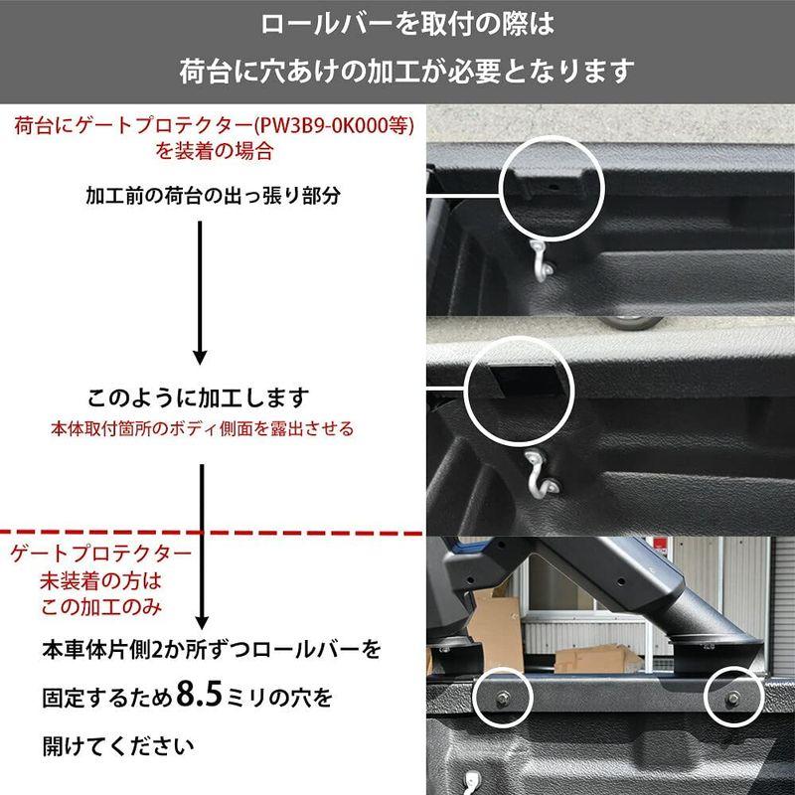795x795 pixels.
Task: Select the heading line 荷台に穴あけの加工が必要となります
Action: pyautogui.click(x=397, y=72)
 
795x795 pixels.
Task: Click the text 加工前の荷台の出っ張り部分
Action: pyautogui.click(x=213, y=195)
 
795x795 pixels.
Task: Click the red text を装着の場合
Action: pyautogui.click(x=215, y=154)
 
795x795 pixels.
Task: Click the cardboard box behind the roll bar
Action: pyautogui.click(x=494, y=626)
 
